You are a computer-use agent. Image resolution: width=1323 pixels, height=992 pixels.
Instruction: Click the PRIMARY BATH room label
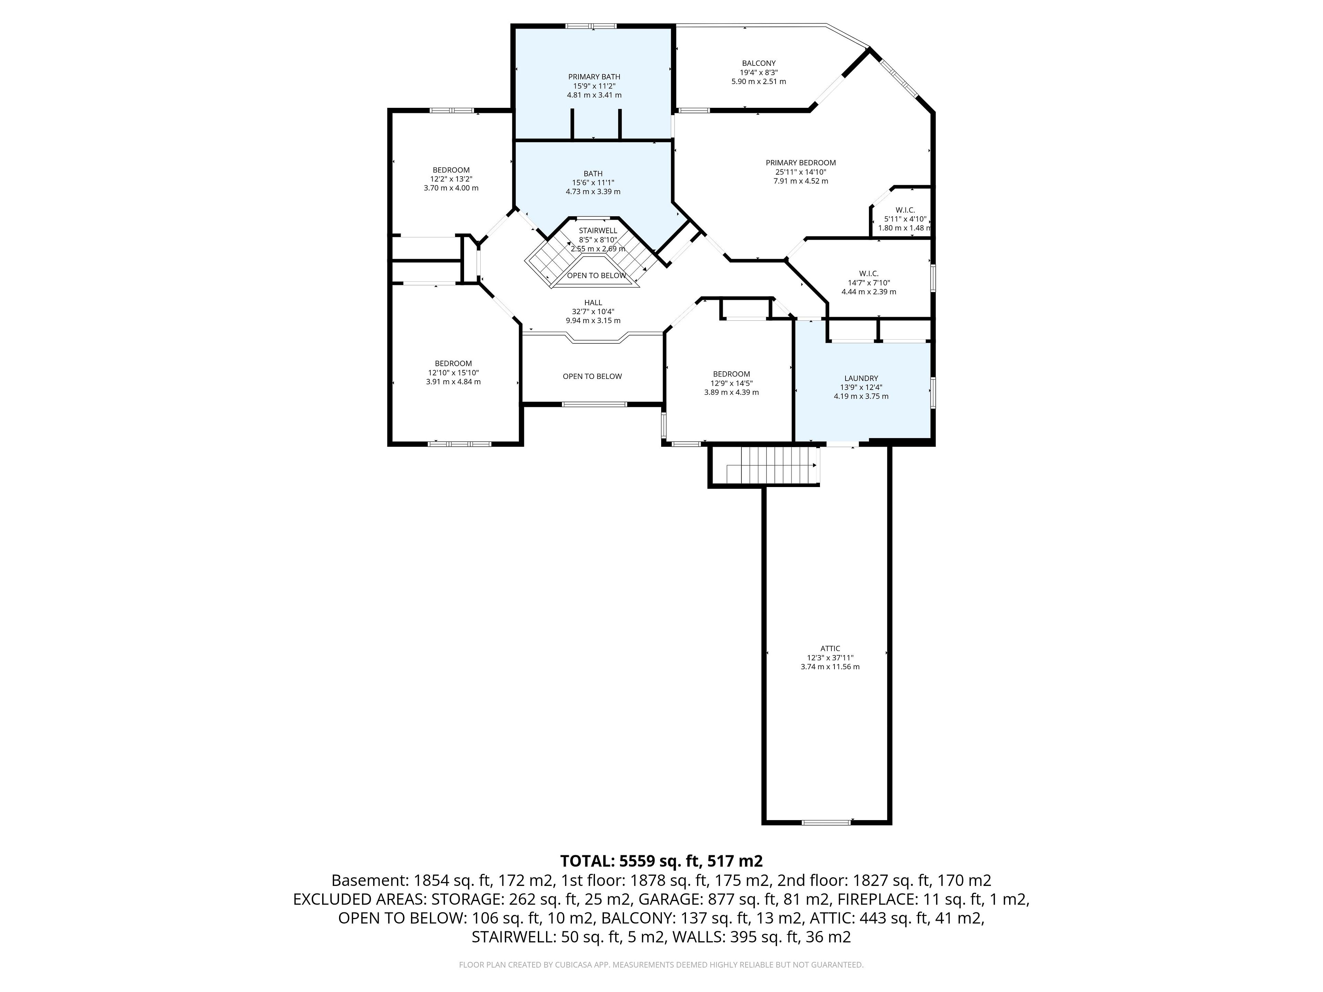click(594, 76)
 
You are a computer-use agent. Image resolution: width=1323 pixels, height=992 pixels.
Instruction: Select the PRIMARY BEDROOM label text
click(800, 163)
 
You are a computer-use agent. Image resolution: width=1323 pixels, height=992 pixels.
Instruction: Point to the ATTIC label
click(830, 648)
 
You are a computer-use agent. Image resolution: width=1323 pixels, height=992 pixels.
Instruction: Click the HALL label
click(593, 302)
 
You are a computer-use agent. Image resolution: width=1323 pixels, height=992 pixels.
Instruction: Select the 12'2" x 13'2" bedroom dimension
click(451, 179)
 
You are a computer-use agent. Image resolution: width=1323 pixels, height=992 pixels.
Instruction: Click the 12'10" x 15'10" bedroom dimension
click(453, 373)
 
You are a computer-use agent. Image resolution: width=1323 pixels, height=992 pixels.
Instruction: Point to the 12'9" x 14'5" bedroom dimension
click(731, 383)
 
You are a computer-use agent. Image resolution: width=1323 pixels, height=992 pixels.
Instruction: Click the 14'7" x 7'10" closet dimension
click(869, 283)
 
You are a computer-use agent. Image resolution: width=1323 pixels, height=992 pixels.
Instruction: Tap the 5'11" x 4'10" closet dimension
click(905, 219)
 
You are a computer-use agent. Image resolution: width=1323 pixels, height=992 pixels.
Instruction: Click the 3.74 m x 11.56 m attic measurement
click(830, 667)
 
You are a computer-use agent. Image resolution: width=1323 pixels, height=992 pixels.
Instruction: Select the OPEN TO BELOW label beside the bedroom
click(592, 376)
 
